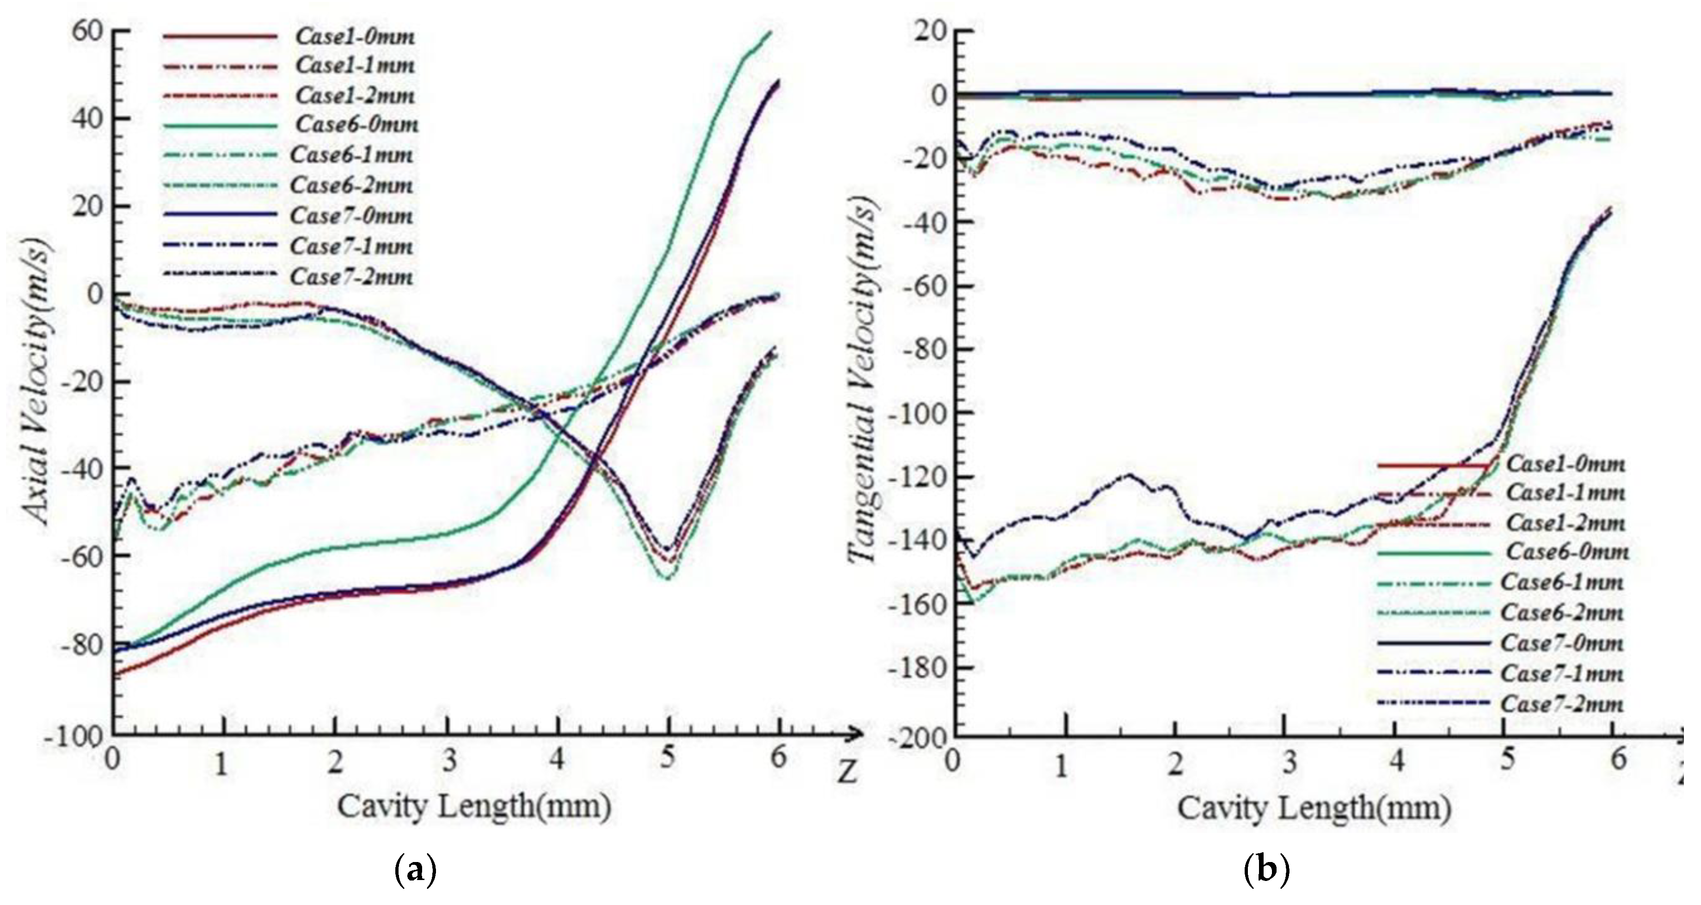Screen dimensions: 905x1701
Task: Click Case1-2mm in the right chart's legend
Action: (1565, 523)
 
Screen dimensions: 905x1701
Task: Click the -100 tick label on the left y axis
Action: (74, 737)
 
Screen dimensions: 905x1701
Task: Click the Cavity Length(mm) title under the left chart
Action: (474, 807)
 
